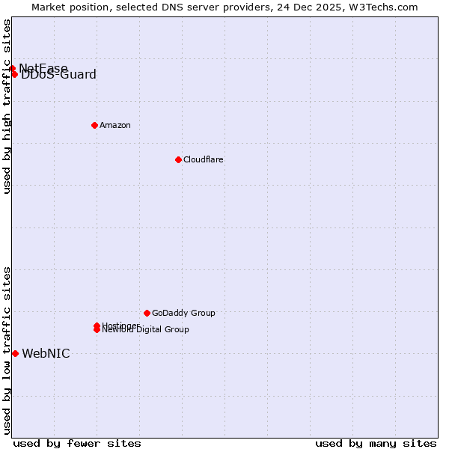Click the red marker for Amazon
(94, 125)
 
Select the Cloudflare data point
(178, 159)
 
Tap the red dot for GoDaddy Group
(147, 313)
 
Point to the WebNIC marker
(15, 353)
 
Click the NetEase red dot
(12, 69)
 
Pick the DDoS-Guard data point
(15, 74)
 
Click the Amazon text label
(115, 125)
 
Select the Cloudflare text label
(204, 159)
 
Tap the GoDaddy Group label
(183, 313)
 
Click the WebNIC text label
(46, 354)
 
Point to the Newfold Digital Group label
(146, 330)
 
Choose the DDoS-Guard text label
(59, 75)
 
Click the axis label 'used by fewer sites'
(77, 443)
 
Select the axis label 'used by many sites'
(376, 443)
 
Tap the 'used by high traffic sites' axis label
(7, 106)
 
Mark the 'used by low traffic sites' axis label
(7, 349)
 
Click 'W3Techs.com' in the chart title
(385, 7)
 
